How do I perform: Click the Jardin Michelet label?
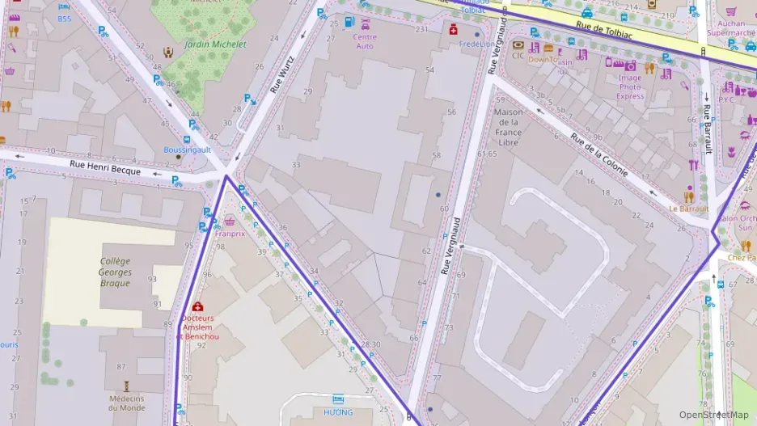215,44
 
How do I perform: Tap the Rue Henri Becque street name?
105,167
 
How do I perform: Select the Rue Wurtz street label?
284,74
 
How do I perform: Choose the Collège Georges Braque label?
116,272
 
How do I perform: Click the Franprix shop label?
230,233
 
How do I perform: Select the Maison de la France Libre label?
509,127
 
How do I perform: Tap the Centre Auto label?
365,41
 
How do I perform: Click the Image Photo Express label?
630,86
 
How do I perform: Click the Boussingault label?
187,150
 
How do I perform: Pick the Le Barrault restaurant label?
688,209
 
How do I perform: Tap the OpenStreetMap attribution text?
714,415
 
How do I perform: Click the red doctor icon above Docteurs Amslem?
198,306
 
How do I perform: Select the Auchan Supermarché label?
731,28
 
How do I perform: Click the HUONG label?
338,412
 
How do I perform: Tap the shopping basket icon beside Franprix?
230,221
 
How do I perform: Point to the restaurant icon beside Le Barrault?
689,196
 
